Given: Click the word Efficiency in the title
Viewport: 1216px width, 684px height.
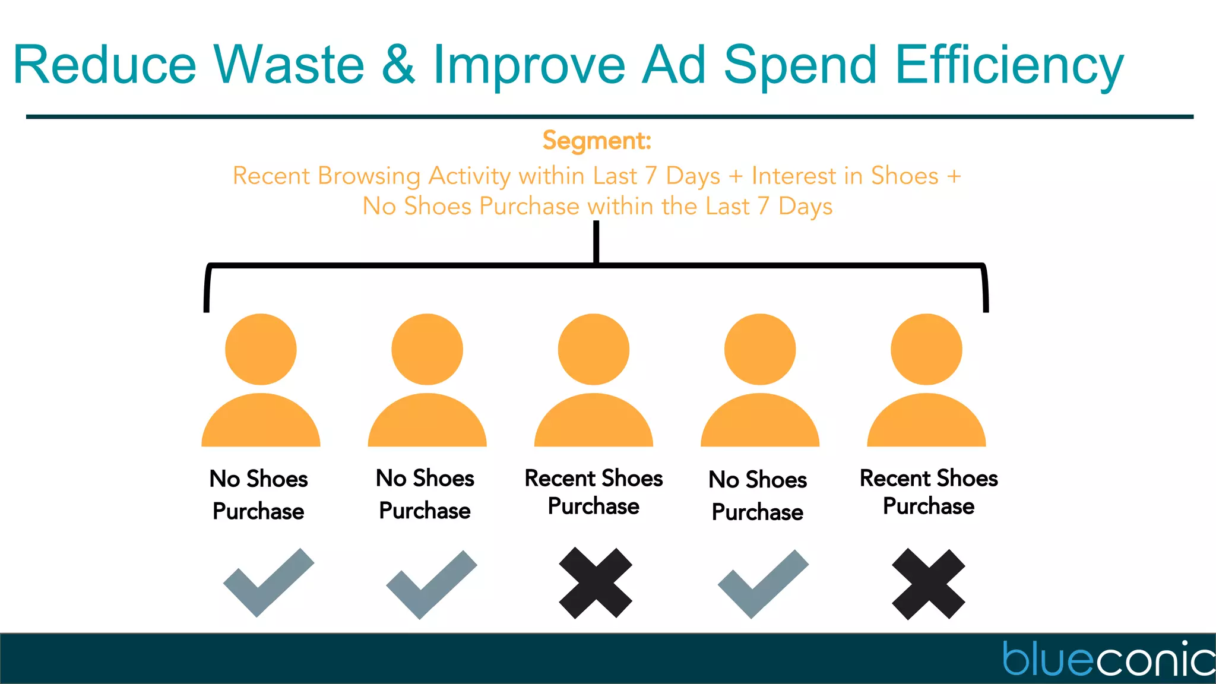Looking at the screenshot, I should pyautogui.click(x=1009, y=65).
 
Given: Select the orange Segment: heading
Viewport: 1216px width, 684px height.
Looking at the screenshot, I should pyautogui.click(x=597, y=141).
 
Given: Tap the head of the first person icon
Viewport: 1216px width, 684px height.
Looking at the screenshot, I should pyautogui.click(x=261, y=349).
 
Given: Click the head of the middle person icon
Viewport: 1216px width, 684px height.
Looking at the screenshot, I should pyautogui.click(x=593, y=349).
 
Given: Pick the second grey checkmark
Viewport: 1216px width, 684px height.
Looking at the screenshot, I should pyautogui.click(x=431, y=585).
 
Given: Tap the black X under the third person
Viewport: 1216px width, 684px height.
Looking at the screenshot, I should pyautogui.click(x=596, y=583).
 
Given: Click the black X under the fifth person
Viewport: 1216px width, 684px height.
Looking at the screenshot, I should pyautogui.click(x=929, y=584).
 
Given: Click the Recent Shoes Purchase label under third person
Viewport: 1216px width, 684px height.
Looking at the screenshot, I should pyautogui.click(x=593, y=492).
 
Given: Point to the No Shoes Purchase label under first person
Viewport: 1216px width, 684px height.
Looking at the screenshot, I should pyautogui.click(x=258, y=495).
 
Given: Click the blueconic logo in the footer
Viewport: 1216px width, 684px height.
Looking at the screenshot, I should pyautogui.click(x=1107, y=659).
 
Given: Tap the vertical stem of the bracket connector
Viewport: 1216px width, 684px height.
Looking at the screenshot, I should pyautogui.click(x=596, y=242).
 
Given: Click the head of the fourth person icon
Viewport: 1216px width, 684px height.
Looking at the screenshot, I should pyautogui.click(x=760, y=349).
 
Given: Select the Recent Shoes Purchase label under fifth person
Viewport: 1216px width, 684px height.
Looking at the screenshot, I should pyautogui.click(x=929, y=492).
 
